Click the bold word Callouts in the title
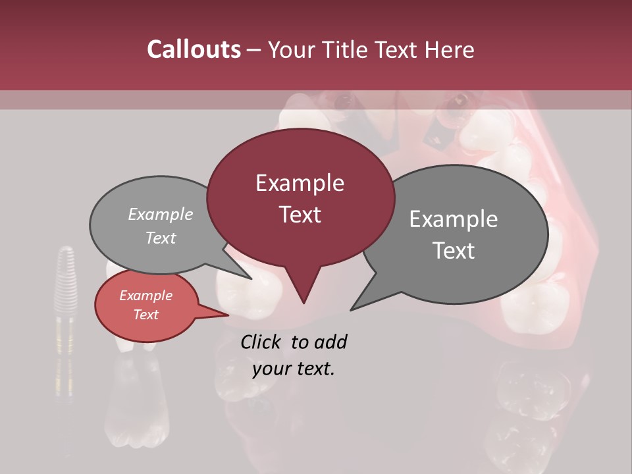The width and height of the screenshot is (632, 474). point(194,49)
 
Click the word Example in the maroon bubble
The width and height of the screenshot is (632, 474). point(300,183)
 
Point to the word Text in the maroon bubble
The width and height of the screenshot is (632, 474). point(300,215)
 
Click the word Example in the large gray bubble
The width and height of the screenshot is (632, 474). point(454,219)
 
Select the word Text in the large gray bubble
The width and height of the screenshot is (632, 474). point(454,251)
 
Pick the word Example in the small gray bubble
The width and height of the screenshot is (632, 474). point(161,214)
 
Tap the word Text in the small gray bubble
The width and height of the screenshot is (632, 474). point(161,238)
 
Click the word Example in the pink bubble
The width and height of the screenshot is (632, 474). point(145,296)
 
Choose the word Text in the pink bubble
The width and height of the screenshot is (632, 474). point(145,315)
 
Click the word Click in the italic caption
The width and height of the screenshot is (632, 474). point(261,342)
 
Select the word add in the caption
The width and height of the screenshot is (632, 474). point(330,342)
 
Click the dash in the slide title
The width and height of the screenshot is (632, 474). point(254,50)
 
